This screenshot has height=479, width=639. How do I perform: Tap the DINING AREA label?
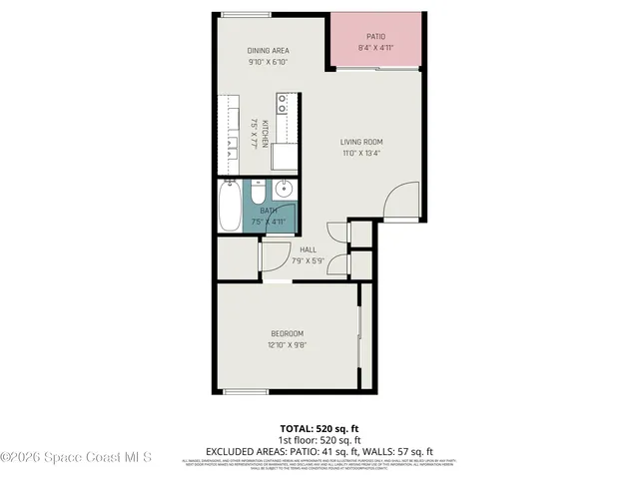(x=268, y=50)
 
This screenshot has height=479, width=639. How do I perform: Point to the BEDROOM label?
(x=286, y=333)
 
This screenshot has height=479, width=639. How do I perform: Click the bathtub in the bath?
(x=230, y=206)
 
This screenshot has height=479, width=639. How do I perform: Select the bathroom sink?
(x=283, y=189)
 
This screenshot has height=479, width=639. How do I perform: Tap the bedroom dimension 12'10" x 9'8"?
(x=286, y=345)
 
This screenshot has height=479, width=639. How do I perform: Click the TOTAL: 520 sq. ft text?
(x=319, y=428)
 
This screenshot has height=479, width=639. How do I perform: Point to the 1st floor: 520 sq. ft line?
(x=319, y=439)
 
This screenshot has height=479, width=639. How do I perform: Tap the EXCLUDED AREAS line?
(x=319, y=450)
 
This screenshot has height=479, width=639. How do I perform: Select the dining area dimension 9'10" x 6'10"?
(x=268, y=62)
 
